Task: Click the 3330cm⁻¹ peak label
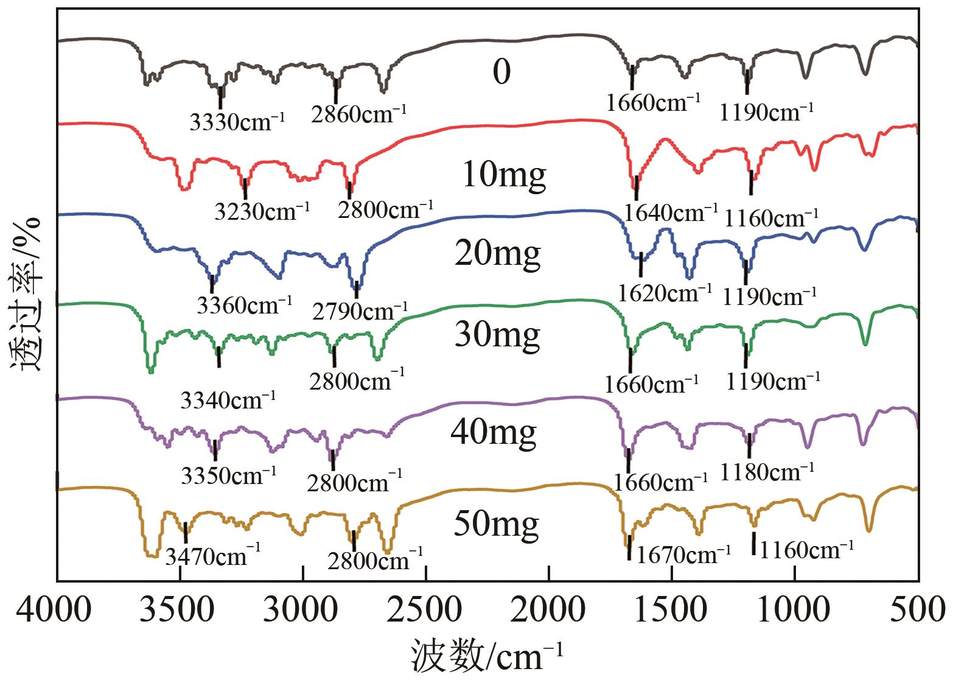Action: tap(237, 122)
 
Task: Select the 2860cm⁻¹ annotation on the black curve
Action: tap(358, 114)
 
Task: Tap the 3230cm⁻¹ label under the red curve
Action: tap(262, 211)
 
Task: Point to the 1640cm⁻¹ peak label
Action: tap(671, 212)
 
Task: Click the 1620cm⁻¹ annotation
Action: tap(665, 293)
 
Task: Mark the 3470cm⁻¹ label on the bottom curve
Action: tap(213, 555)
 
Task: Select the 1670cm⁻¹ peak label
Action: tap(683, 554)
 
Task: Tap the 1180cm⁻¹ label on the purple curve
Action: tap(767, 471)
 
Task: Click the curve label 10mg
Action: tap(504, 175)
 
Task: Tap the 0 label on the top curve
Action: tap(501, 72)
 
